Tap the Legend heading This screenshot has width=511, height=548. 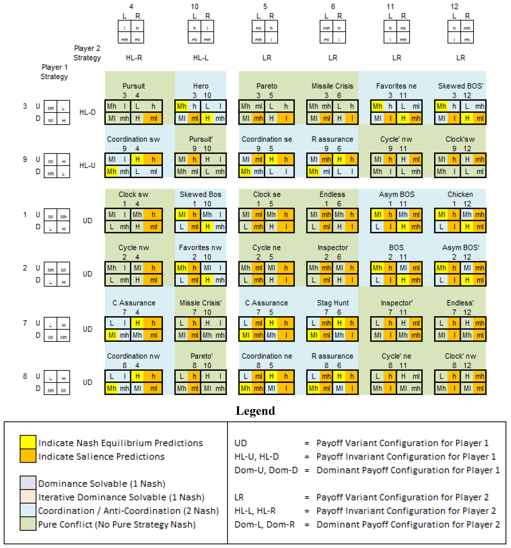point(255,411)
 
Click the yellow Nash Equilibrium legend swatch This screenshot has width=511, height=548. point(28,442)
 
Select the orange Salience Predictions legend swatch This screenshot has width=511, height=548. point(28,456)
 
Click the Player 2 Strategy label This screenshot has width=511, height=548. point(87,53)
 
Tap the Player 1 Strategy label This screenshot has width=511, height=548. point(54,72)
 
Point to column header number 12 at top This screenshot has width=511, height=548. point(454,7)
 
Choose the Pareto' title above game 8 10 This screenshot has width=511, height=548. point(201,356)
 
